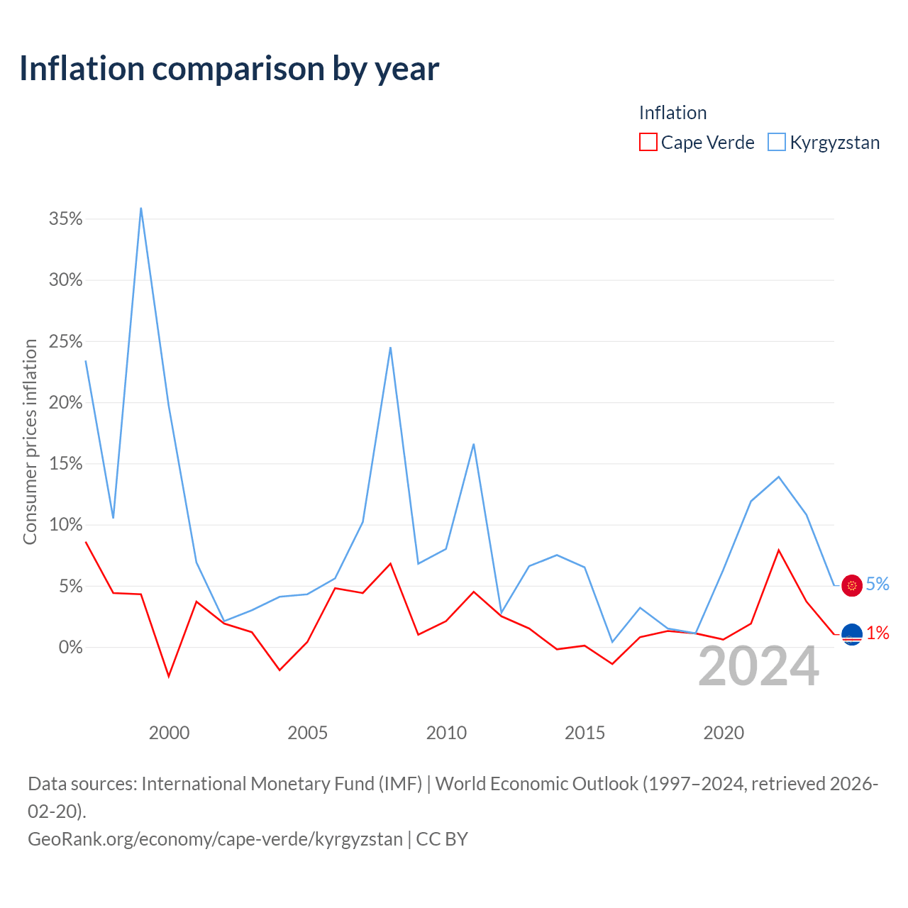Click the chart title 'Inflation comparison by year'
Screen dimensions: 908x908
pos(229,69)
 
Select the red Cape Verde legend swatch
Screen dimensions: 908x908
pos(648,142)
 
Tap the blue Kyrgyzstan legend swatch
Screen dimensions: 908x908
pos(777,142)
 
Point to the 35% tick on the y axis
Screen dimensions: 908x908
pos(65,218)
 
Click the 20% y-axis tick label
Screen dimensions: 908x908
pos(65,402)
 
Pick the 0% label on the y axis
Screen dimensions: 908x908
pos(71,647)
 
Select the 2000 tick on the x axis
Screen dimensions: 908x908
pos(169,733)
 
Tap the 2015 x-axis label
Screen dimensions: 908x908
pos(585,733)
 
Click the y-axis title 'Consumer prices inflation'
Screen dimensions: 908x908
pos(31,441)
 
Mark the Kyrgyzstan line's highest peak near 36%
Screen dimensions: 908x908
pos(141,209)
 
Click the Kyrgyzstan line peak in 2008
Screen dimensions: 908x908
pos(391,348)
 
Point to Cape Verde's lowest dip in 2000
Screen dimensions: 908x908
pos(169,677)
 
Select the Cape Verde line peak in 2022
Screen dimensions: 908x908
pos(779,550)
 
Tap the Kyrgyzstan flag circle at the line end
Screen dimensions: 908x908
pos(852,586)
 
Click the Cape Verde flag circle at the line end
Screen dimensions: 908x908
pos(852,634)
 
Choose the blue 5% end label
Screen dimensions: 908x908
pos(877,585)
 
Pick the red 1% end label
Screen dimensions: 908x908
pos(877,633)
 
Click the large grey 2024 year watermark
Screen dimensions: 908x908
pos(758,666)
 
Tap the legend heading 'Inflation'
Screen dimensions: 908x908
pos(673,113)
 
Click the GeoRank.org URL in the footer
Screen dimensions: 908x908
pos(216,839)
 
